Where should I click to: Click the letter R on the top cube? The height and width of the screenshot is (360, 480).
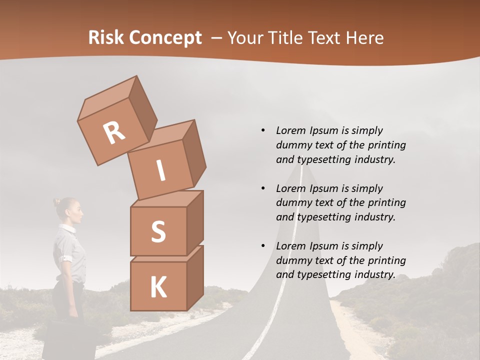114,132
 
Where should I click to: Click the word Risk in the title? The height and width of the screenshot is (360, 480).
105,37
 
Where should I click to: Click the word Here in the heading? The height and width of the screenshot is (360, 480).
364,38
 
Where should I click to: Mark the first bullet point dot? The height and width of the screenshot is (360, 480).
263,130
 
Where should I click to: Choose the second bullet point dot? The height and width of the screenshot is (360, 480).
263,188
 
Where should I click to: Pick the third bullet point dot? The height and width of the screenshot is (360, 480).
263,246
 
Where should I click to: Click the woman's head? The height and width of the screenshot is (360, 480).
69,210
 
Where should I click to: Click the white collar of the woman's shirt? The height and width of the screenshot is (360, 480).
68,228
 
